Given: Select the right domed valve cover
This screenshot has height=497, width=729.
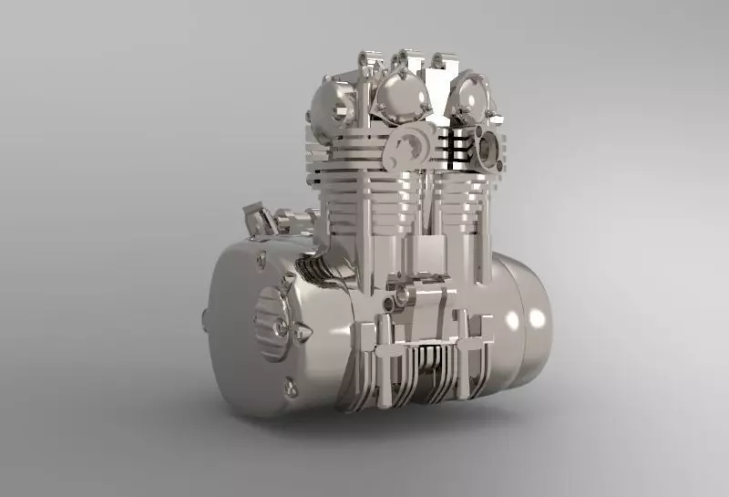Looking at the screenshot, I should [x=469, y=98].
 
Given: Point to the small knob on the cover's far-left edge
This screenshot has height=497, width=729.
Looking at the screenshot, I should [x=206, y=319].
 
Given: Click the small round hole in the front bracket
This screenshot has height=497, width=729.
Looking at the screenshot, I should [x=393, y=302].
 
